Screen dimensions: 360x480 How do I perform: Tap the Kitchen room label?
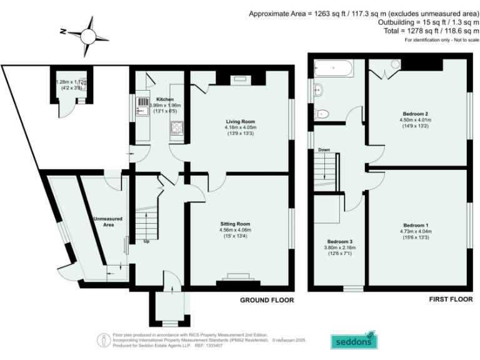[147, 99]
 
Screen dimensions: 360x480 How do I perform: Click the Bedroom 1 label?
[416, 225]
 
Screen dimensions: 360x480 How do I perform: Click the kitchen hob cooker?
[176, 129]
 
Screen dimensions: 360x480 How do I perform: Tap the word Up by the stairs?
[147, 241]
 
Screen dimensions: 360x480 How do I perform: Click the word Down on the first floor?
[324, 150]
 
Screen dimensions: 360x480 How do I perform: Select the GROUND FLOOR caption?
[267, 300]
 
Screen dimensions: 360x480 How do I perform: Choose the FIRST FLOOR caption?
[450, 300]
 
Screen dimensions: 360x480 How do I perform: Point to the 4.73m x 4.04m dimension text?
[416, 232]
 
